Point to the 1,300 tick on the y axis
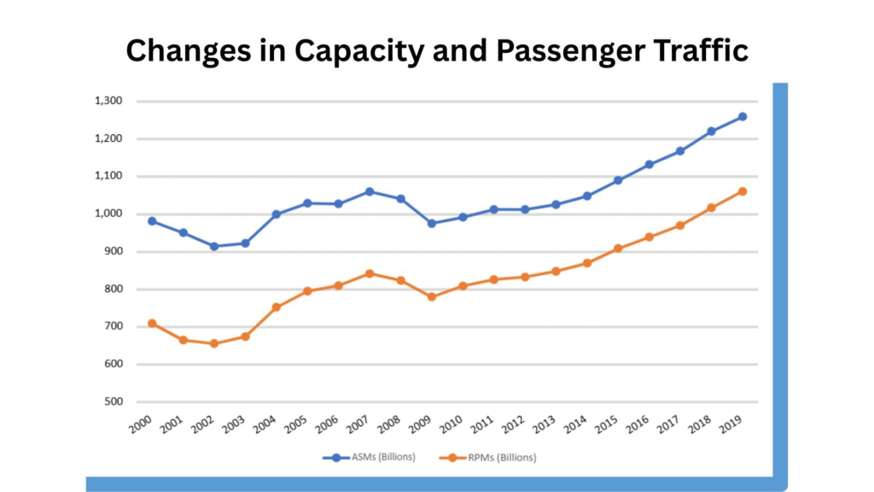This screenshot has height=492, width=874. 108,101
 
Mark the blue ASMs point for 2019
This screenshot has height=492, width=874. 743,116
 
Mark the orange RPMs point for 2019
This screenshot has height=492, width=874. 743,191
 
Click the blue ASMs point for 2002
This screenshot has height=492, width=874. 214,246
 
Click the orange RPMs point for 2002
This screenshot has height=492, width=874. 214,343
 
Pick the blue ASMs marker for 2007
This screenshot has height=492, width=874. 370,191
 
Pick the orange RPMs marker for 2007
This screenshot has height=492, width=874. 370,273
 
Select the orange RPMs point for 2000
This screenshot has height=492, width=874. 152,323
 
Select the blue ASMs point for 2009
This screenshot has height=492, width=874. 432,223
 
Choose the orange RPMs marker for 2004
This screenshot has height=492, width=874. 277,307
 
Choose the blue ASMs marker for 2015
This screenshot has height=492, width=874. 618,180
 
